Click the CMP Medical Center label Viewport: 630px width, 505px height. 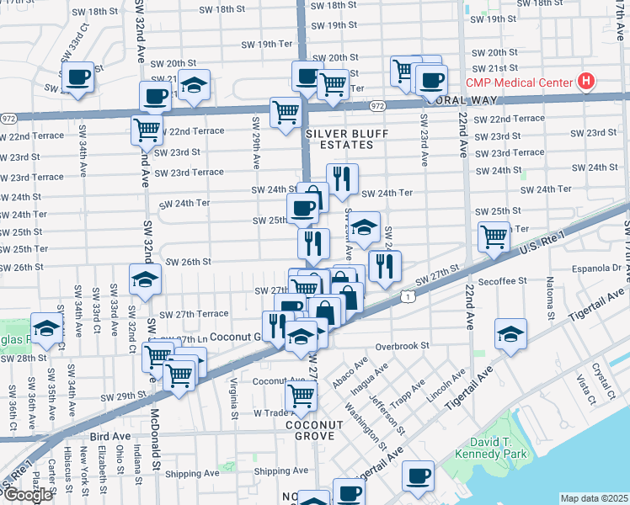click(x=520, y=83)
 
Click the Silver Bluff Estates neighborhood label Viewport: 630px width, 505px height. click(x=339, y=139)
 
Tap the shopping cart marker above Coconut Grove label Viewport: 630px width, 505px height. click(x=301, y=395)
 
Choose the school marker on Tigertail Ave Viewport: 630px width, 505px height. click(x=510, y=335)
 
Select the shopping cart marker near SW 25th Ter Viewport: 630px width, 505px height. click(x=494, y=236)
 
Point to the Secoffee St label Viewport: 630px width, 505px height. click(x=500, y=280)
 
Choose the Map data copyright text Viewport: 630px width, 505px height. click(x=595, y=498)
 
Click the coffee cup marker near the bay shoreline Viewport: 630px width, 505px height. click(x=418, y=476)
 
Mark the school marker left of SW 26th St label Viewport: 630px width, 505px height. click(x=145, y=280)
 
